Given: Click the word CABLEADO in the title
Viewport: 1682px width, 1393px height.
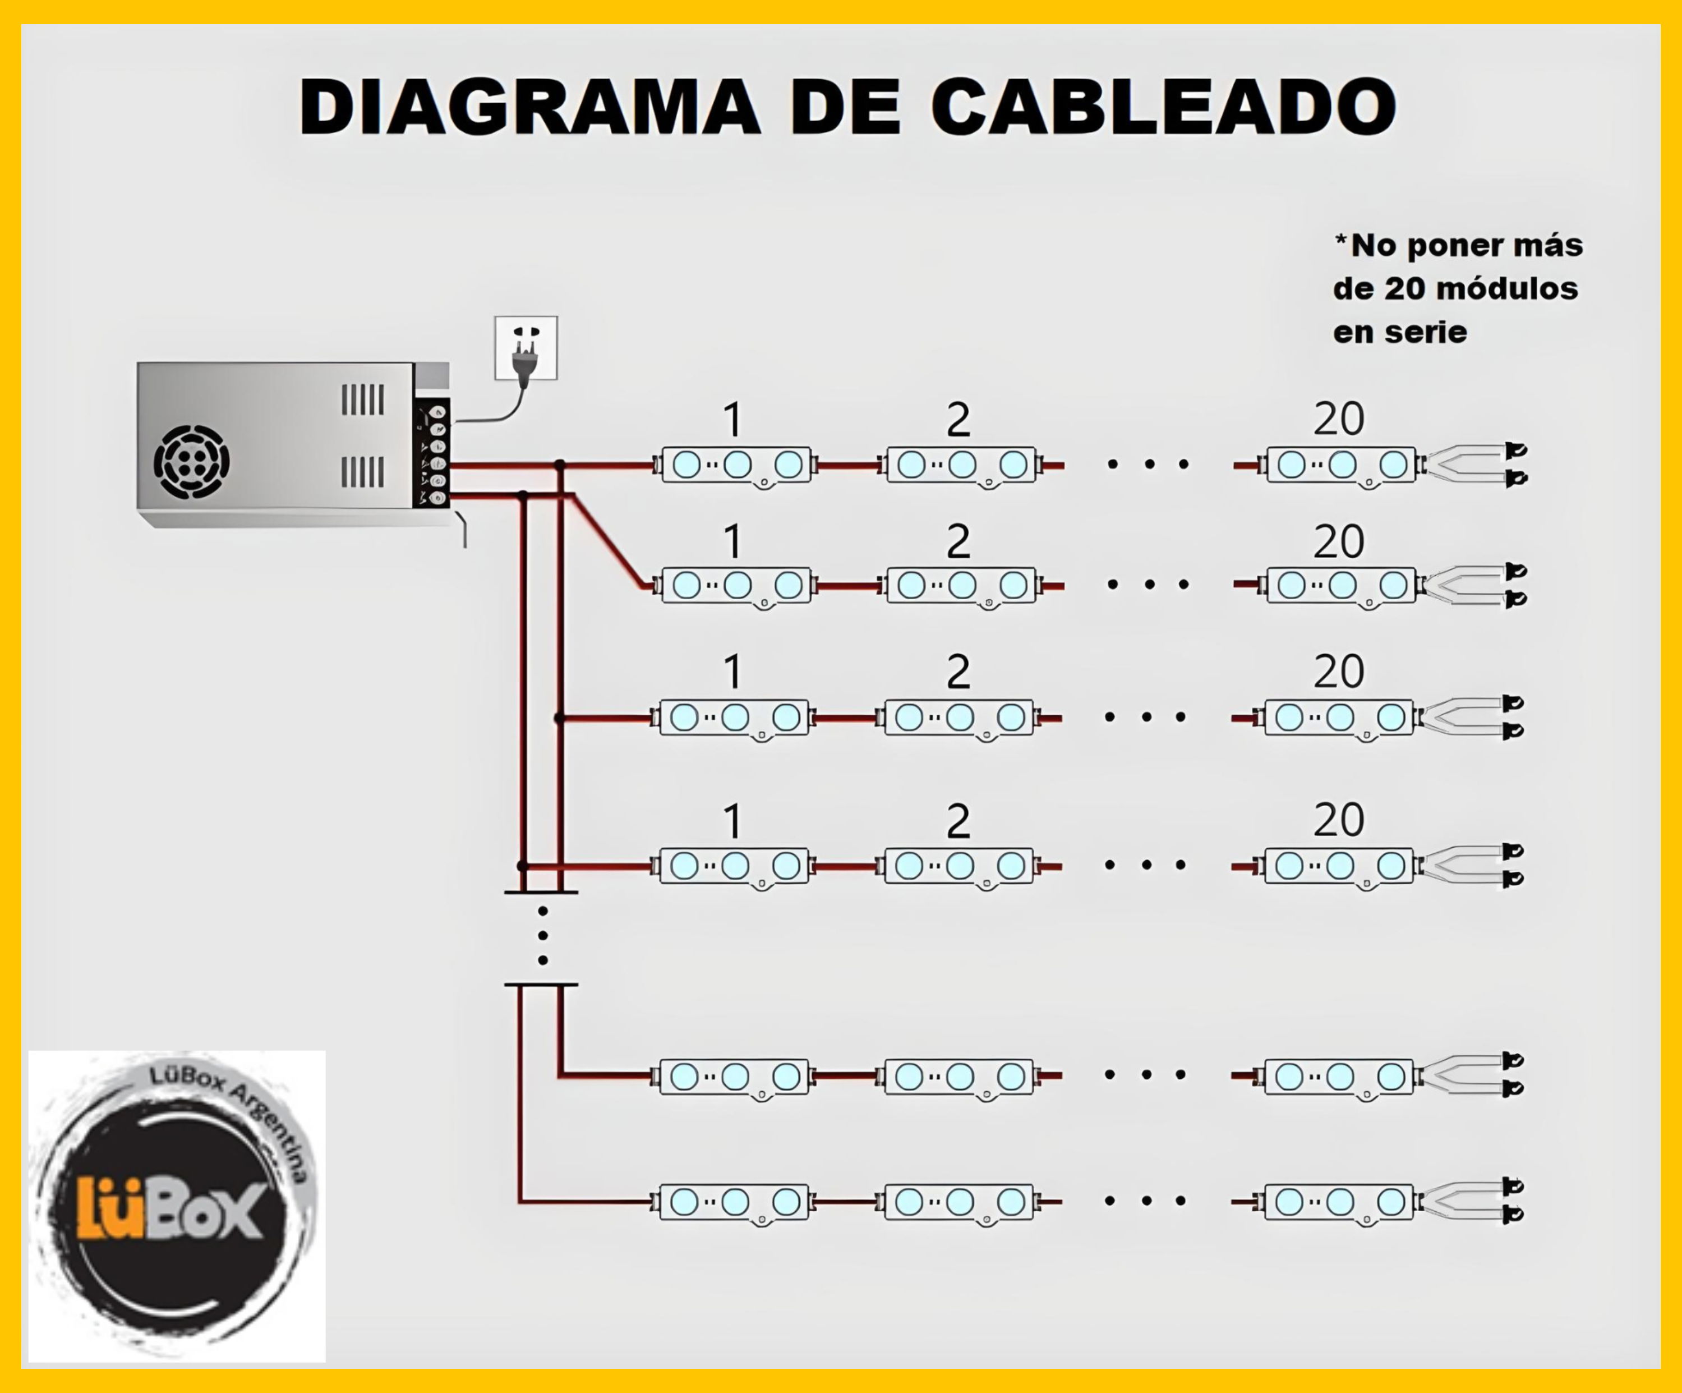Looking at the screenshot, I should [x=1163, y=107].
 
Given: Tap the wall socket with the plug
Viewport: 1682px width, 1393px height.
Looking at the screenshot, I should [x=526, y=348].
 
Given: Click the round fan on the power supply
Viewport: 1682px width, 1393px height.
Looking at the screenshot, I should [x=191, y=462].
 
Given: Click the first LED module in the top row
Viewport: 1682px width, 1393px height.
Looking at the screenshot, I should [x=737, y=465].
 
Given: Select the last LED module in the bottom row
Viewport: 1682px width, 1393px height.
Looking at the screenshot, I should [x=1339, y=1202].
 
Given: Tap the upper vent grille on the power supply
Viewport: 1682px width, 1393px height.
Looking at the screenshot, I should [x=363, y=399].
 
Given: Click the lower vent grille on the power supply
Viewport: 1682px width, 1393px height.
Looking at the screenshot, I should [x=363, y=472].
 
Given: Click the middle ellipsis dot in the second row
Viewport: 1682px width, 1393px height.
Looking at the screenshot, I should [x=1149, y=585].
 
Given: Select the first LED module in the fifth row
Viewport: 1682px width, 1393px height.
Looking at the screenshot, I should [x=735, y=1077].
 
